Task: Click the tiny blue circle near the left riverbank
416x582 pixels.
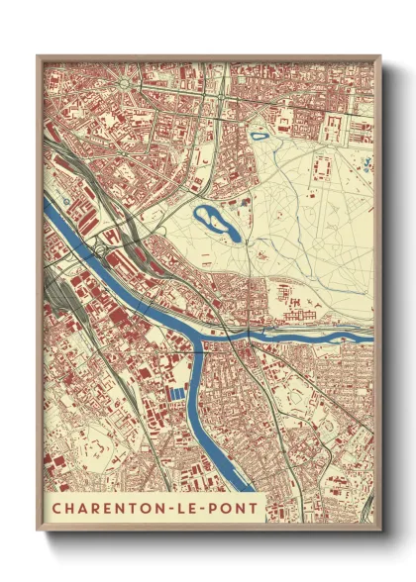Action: [65, 201]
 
